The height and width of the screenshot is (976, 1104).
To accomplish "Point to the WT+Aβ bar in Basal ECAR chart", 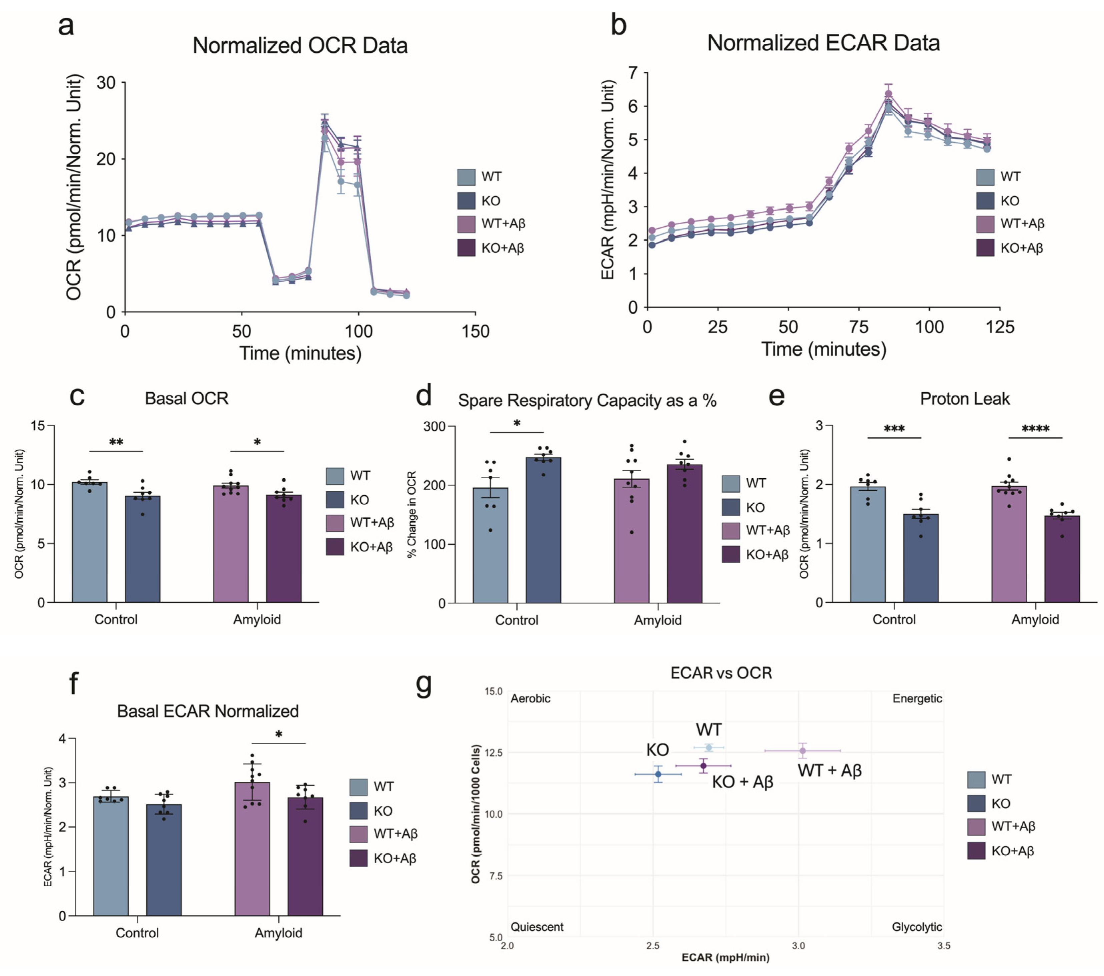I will point(252,849).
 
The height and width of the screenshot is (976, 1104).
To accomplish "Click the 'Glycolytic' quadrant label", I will point(917,927).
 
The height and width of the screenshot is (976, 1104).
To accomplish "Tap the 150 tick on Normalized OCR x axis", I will point(475,331).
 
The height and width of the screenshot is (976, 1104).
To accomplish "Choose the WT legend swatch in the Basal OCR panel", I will point(335,476).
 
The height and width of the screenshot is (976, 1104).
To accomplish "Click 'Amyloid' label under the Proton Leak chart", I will point(1035,619).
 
